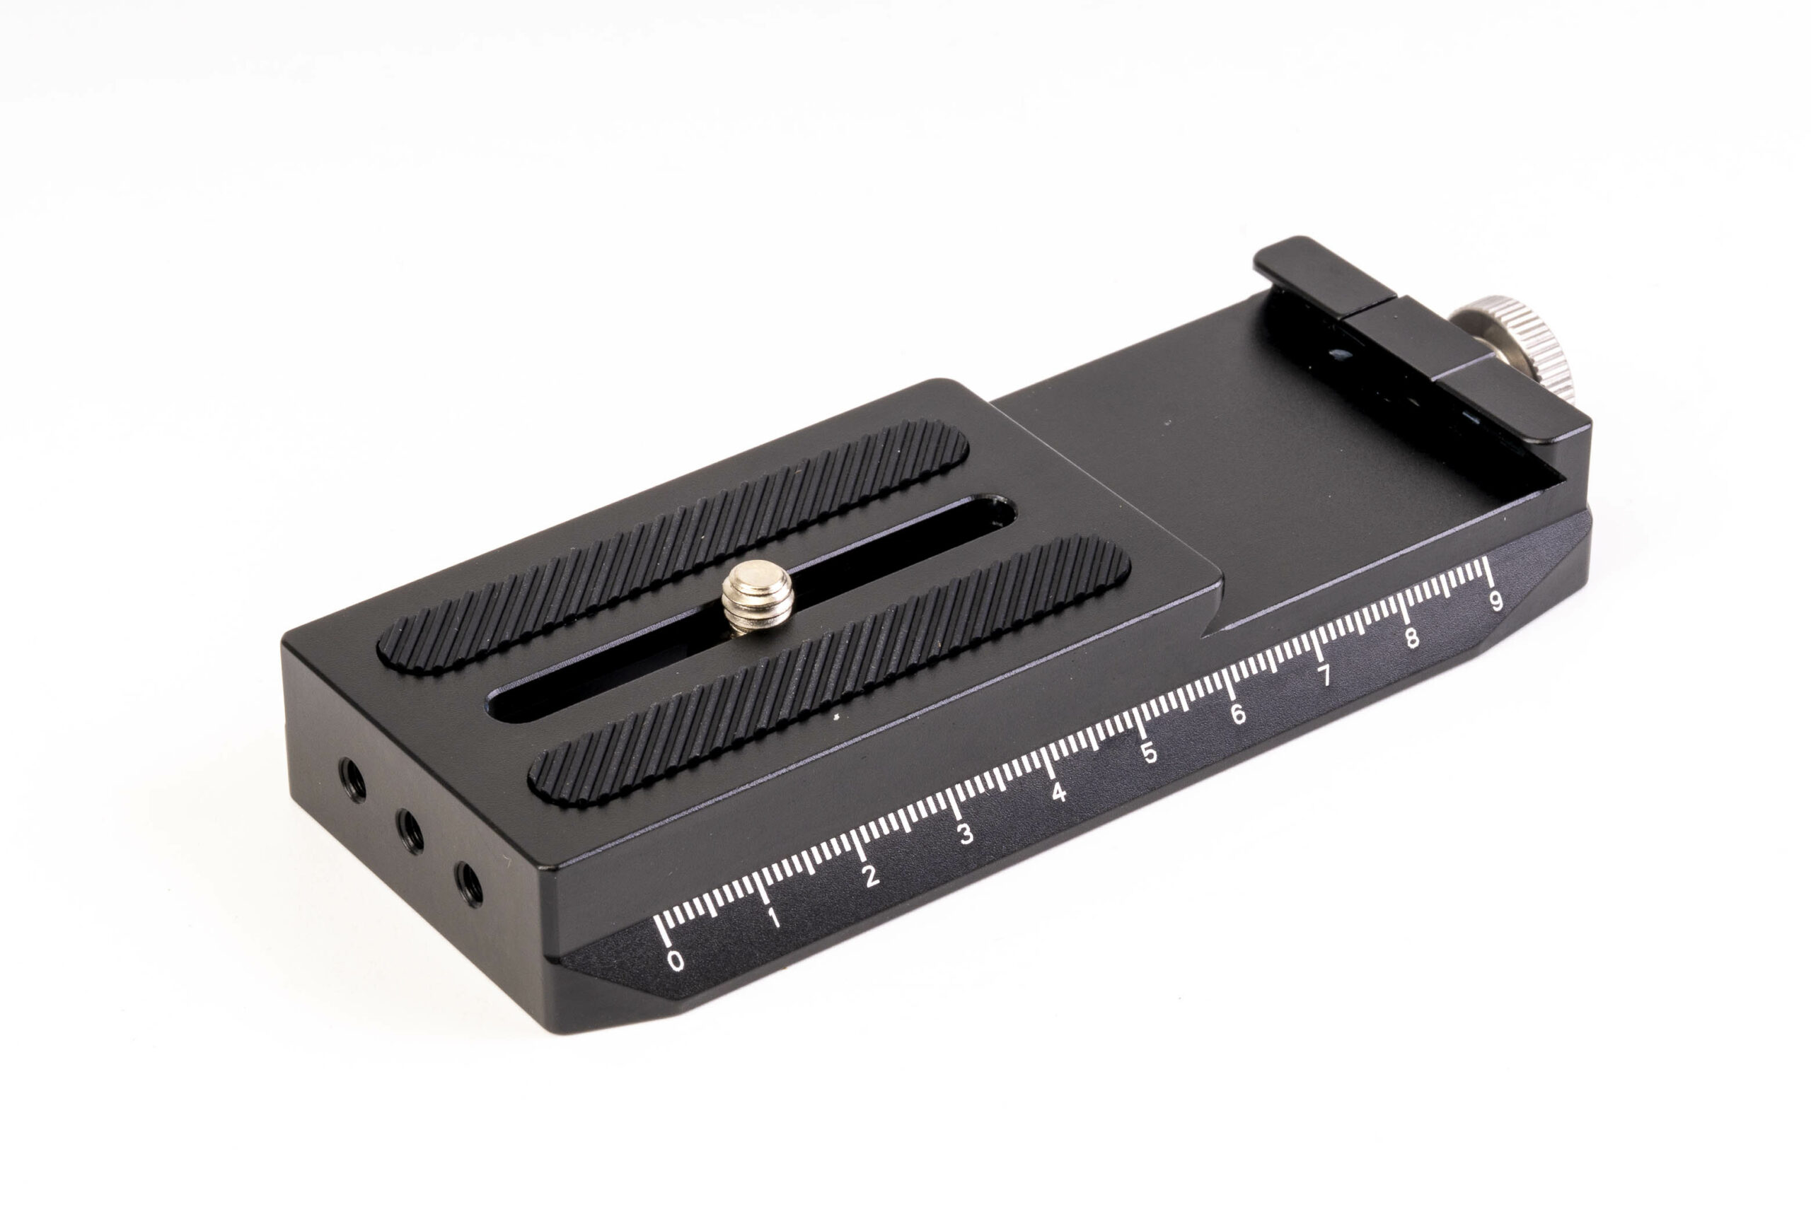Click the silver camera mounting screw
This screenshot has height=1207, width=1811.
click(x=758, y=595)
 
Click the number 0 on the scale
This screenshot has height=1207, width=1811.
click(x=676, y=961)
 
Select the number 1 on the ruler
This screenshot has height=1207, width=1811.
click(x=773, y=918)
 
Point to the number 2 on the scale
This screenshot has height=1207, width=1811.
click(x=870, y=876)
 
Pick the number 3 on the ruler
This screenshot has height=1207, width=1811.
click(x=966, y=834)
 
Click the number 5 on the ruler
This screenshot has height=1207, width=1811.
click(x=1150, y=753)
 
